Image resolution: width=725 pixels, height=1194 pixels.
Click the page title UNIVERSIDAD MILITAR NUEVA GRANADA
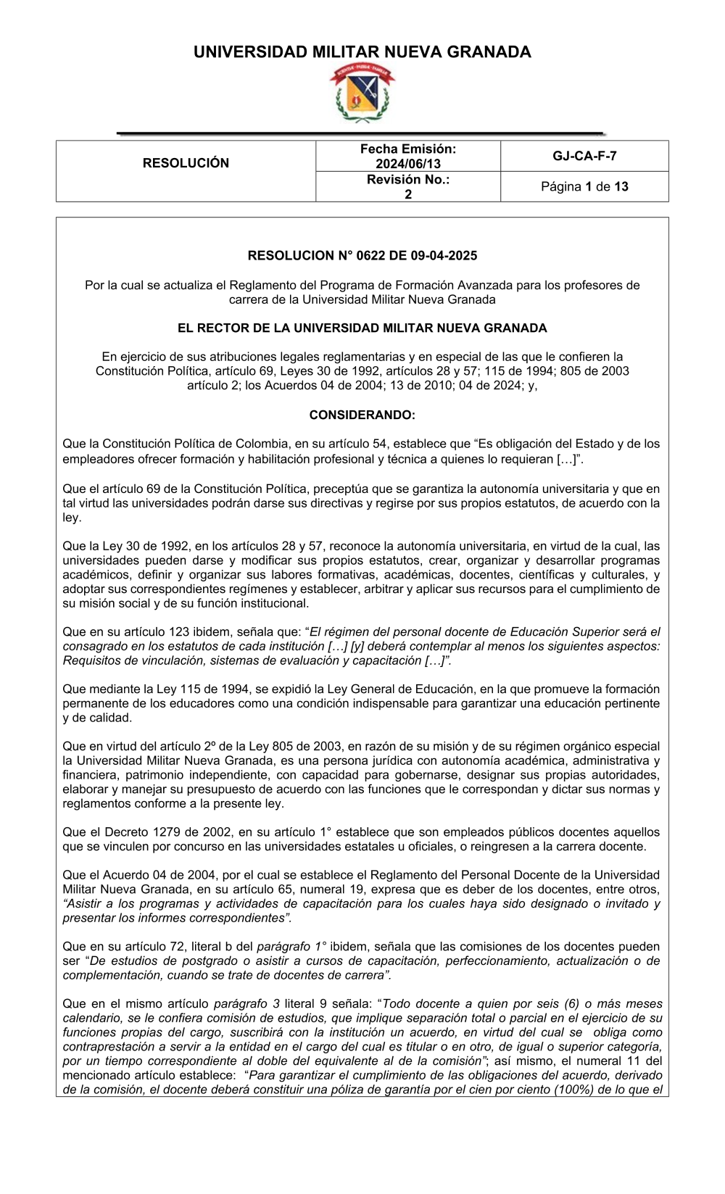pos(362,52)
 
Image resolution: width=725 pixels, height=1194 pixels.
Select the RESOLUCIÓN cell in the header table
pos(186,163)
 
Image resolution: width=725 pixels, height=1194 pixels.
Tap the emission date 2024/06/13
pos(408,164)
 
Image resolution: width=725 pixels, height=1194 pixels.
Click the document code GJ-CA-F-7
pos(584,156)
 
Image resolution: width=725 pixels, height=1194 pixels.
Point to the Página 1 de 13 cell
pos(584,186)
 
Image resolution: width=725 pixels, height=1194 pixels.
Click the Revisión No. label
pos(408,179)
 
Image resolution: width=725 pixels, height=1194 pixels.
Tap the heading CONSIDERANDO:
pos(362,415)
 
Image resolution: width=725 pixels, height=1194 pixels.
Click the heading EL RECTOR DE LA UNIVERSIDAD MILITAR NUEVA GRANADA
pos(362,328)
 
